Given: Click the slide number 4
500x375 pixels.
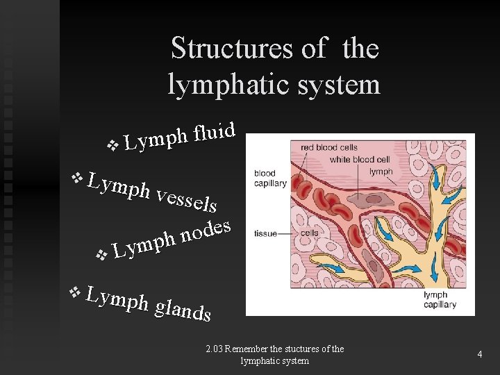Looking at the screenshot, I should tap(479, 354).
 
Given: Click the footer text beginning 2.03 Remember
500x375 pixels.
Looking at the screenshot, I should tap(275, 354).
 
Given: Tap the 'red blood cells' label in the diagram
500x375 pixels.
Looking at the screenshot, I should tap(329, 148).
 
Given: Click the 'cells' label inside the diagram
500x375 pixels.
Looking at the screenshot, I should tap(309, 233).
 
